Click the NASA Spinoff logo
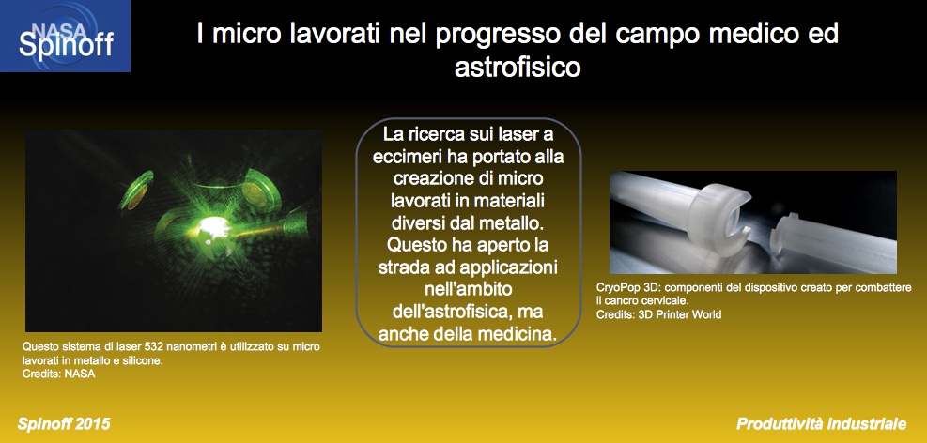coord(65,36)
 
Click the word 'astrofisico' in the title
coord(518,67)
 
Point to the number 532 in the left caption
coord(145,346)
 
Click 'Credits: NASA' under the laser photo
coord(58,374)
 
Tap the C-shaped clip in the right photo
coord(718,216)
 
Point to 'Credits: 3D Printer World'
coord(658,314)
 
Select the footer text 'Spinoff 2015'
coord(64,423)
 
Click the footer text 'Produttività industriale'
coord(821,423)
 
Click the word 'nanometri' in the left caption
coord(180,346)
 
